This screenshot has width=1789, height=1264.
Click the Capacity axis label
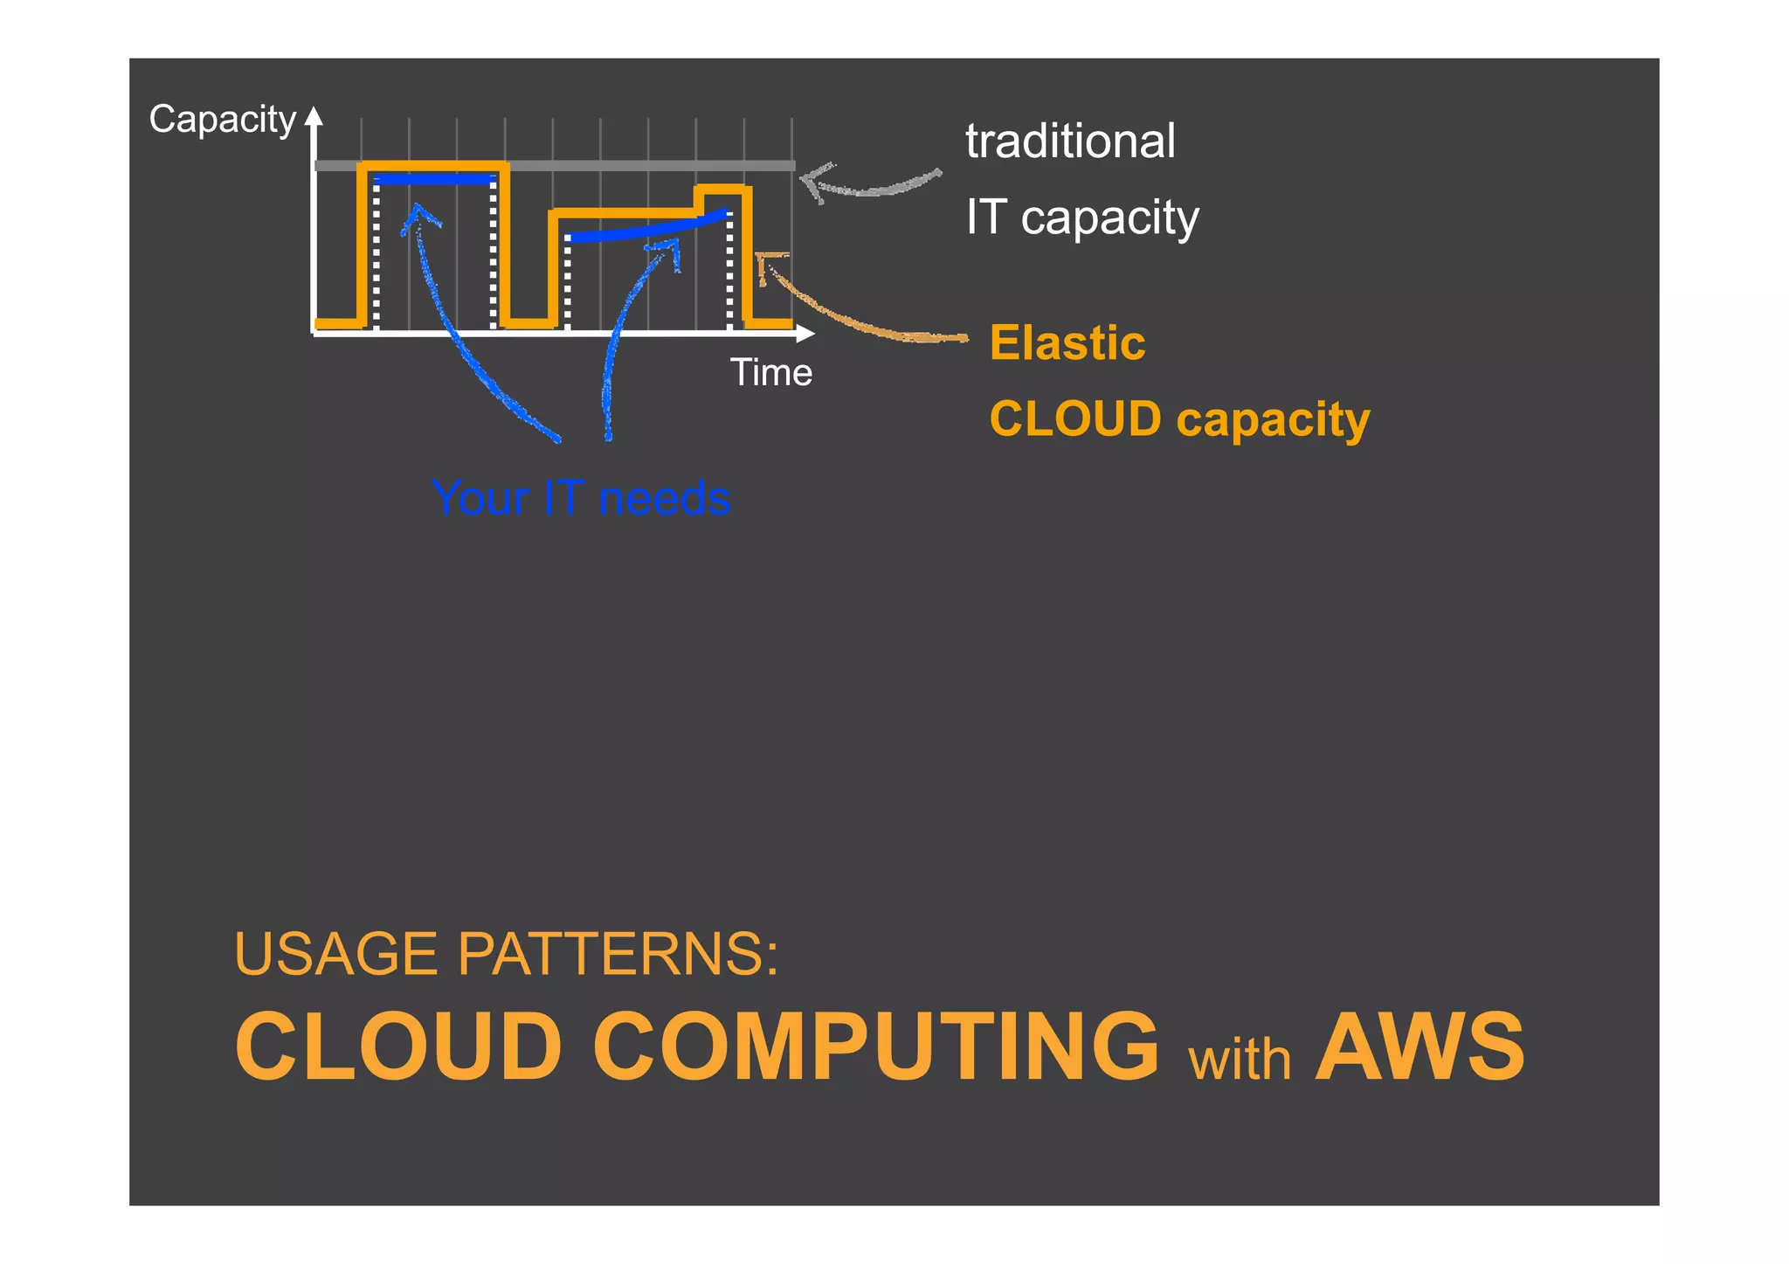[x=222, y=120]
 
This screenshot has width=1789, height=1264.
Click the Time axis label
[x=771, y=373]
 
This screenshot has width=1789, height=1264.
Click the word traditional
[x=1070, y=142]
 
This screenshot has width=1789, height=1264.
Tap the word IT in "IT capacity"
[x=986, y=217]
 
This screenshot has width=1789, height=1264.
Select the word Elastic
[x=1067, y=342]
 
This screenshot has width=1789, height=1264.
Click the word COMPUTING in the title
[x=875, y=1046]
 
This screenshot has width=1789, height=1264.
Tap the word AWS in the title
[x=1419, y=1046]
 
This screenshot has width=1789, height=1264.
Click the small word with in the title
[x=1240, y=1060]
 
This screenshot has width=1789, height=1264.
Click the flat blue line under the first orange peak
[x=434, y=180]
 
